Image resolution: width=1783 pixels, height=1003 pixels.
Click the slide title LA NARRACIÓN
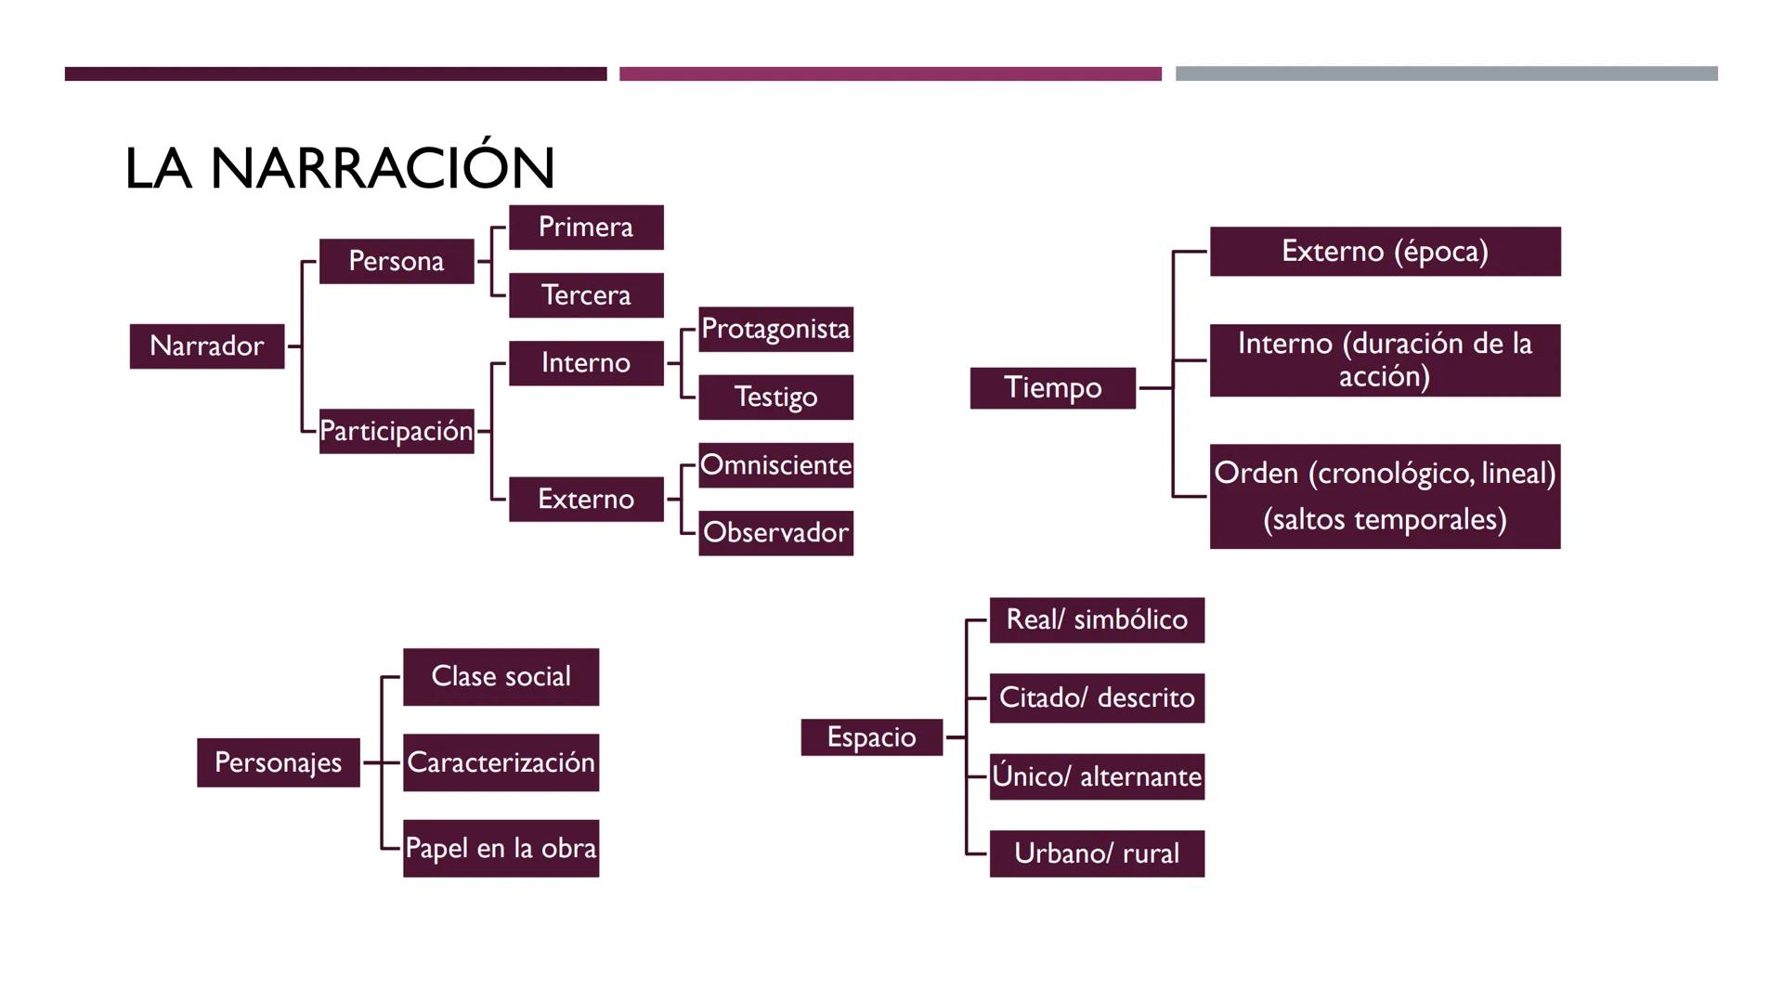[340, 168]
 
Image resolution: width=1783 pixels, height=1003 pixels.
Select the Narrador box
[207, 346]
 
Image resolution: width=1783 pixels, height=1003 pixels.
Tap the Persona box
[397, 261]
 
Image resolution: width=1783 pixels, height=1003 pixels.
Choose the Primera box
[586, 228]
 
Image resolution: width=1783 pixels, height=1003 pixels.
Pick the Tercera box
[586, 295]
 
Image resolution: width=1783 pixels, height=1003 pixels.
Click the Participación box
[397, 431]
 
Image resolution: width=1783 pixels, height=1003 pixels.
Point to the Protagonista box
[775, 329]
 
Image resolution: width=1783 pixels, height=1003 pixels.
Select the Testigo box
[775, 397]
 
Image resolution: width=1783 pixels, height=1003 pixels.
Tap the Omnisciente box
[775, 464]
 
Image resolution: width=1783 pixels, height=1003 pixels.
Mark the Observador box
[775, 533]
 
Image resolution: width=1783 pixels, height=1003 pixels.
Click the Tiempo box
[1052, 387]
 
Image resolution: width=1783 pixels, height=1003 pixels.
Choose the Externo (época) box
[1385, 251]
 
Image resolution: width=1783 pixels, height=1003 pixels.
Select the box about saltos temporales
[1385, 497]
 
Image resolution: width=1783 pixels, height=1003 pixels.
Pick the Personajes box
[278, 762]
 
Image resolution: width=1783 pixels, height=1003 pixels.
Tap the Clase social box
[501, 676]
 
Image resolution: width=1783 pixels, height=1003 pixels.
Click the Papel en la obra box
[501, 848]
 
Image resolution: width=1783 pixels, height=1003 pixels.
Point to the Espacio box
[871, 737]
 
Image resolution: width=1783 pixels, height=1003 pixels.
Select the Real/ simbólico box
[1097, 619]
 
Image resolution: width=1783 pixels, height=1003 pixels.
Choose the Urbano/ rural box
[1097, 853]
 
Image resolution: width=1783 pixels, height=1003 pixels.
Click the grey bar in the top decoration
[1446, 73]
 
